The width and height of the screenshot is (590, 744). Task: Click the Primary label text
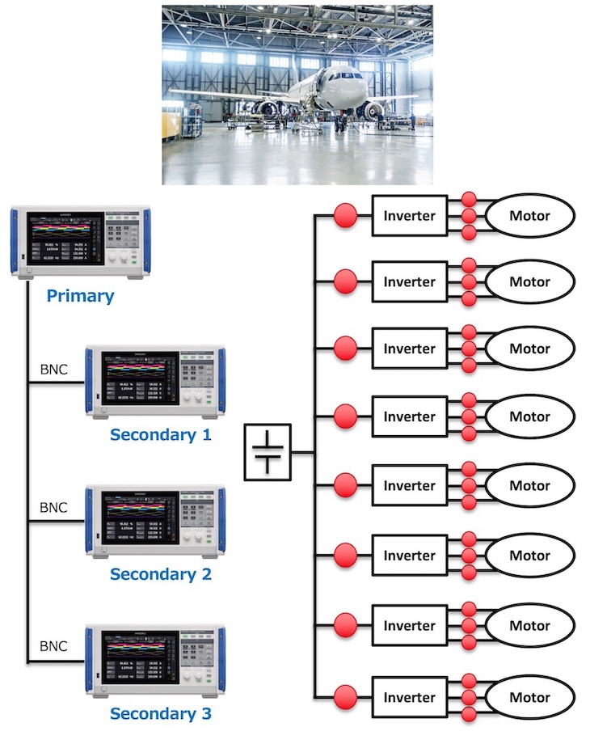80,295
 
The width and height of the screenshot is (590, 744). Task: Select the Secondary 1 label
161,434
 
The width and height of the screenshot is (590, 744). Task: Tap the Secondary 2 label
161,574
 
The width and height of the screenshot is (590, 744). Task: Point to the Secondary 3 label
161,713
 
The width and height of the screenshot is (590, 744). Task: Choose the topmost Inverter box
409,216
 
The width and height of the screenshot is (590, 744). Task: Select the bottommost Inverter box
409,697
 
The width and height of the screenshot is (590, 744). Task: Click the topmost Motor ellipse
529,216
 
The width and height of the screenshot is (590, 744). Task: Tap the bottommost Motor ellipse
529,697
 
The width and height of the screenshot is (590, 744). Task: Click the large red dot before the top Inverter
345,216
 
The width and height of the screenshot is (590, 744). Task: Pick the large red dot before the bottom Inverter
345,697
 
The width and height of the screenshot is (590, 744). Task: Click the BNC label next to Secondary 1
54,370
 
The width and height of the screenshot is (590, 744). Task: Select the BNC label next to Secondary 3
54,647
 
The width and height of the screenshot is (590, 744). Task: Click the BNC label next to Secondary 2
54,508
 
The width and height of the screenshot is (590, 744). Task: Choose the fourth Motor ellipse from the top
529,417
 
